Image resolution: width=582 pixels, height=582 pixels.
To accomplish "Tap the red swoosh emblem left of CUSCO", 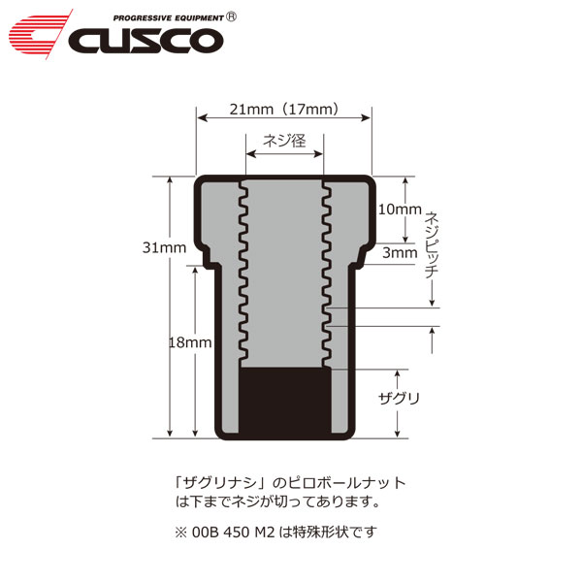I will (39, 34).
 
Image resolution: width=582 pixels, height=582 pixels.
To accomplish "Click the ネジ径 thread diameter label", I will (284, 141).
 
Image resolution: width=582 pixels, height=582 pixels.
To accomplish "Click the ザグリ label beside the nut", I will (398, 399).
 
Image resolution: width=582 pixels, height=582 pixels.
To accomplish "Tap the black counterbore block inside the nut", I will (283, 400).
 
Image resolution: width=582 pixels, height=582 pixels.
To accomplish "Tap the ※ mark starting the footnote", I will (179, 532).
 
